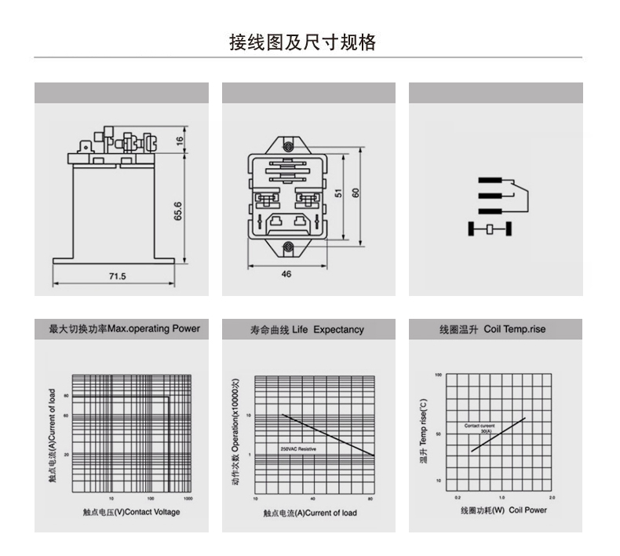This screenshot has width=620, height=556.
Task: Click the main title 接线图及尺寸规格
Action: pos(302,42)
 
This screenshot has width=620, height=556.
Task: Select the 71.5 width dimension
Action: pos(117,276)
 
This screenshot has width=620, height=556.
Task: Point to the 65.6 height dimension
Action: pos(178,212)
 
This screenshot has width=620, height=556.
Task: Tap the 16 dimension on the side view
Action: pos(179,141)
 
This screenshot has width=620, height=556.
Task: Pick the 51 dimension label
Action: pos(339,192)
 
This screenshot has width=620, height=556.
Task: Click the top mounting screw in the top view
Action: pos(288,145)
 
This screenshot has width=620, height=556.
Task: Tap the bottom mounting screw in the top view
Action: pos(288,247)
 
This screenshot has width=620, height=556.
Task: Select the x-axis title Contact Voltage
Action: pos(131,512)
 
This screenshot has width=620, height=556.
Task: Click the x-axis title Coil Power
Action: pos(504,510)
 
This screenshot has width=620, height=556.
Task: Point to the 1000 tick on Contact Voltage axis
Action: pos(188,499)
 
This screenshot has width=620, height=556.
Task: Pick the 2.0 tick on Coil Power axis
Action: pos(552,498)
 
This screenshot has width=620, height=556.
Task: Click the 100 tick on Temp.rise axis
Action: pos(439,375)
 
